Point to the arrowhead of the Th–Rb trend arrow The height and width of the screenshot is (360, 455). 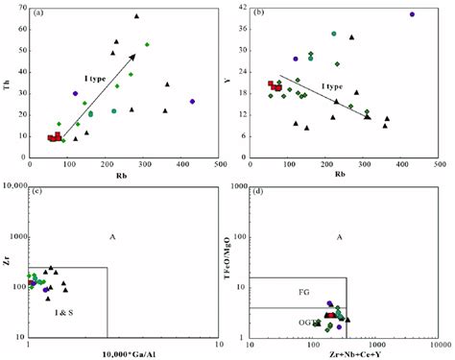click(x=134, y=56)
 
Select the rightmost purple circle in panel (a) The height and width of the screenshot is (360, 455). click(x=192, y=101)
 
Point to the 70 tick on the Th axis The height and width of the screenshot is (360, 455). click(x=29, y=13)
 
